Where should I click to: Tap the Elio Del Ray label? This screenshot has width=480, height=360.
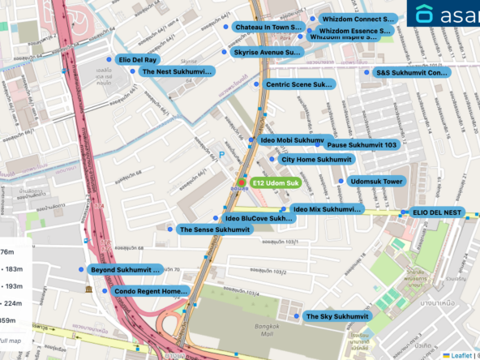[x=138, y=60]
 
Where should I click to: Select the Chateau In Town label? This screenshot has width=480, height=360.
[x=268, y=27]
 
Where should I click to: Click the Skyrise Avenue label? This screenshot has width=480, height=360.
[x=266, y=52]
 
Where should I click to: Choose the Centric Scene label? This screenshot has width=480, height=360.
[x=299, y=84]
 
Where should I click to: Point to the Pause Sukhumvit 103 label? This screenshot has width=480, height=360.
[x=362, y=144]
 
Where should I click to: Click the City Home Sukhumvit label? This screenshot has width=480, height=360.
[x=316, y=160]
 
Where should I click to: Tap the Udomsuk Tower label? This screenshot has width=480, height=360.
[x=376, y=182]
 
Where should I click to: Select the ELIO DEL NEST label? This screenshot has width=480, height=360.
[x=436, y=212]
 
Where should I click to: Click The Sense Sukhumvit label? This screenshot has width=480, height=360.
[x=214, y=229]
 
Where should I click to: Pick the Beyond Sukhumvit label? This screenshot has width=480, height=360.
[x=125, y=269]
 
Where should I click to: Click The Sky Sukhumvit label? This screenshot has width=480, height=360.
[x=336, y=316]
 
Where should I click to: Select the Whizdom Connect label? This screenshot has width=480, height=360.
[x=357, y=18]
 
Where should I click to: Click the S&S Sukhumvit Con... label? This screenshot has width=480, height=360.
[x=411, y=72]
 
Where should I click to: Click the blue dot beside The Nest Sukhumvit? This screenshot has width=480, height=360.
[x=132, y=71]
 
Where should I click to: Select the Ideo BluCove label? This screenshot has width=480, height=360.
[x=259, y=218]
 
